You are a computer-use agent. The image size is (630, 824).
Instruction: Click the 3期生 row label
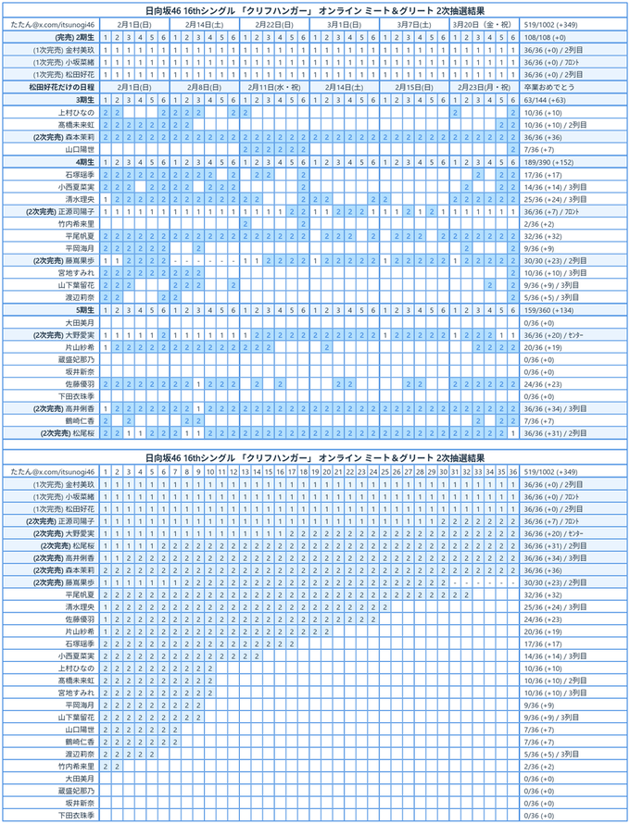[x=84, y=98]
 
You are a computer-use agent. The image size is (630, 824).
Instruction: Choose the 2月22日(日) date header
[x=274, y=22]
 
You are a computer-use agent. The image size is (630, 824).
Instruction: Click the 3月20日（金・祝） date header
[x=484, y=22]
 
